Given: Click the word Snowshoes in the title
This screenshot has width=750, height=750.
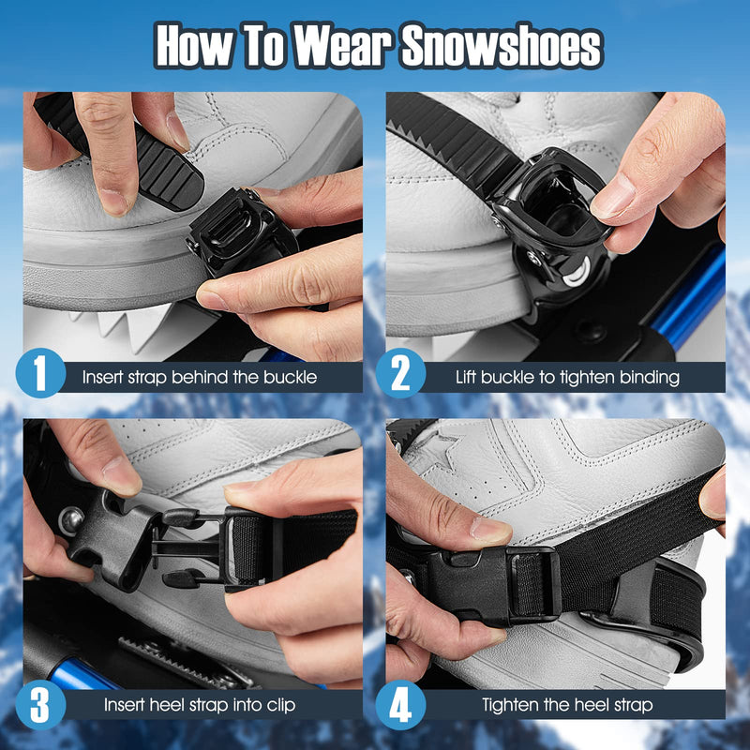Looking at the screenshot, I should [502, 46].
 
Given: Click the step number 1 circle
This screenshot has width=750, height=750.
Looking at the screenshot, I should [40, 378].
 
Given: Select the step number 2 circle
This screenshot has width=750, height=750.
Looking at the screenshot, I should [401, 378].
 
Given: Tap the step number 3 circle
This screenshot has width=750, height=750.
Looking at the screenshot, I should [40, 706].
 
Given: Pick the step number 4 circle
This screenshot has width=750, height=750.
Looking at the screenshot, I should [401, 706].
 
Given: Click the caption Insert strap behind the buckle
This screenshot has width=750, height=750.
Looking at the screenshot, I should [199, 379].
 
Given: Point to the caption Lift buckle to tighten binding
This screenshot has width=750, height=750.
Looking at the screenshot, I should [567, 379].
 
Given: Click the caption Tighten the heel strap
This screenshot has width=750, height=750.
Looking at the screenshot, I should [567, 705].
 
